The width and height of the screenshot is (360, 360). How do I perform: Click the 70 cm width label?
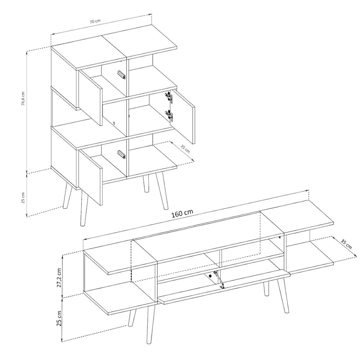coord(95,21)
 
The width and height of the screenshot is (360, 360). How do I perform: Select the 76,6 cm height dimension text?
coord(23,99)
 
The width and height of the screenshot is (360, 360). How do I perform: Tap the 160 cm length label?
coord(182,213)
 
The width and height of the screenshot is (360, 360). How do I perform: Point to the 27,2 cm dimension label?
coord(59,277)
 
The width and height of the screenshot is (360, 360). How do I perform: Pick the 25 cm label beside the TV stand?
coord(59,319)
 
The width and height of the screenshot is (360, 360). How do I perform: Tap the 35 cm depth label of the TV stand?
coord(346,244)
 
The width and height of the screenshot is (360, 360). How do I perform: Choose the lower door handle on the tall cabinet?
coord(122,154)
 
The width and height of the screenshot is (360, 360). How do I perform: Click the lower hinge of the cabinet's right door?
coord(170,116)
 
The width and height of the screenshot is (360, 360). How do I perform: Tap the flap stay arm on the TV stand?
coord(219,279)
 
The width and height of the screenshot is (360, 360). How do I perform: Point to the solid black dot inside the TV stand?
coord(210,276)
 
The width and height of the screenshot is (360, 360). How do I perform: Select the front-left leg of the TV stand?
coord(150,323)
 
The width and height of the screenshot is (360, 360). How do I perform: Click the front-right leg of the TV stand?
coord(283,294)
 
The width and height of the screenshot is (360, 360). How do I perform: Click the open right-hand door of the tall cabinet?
coord(183,117)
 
